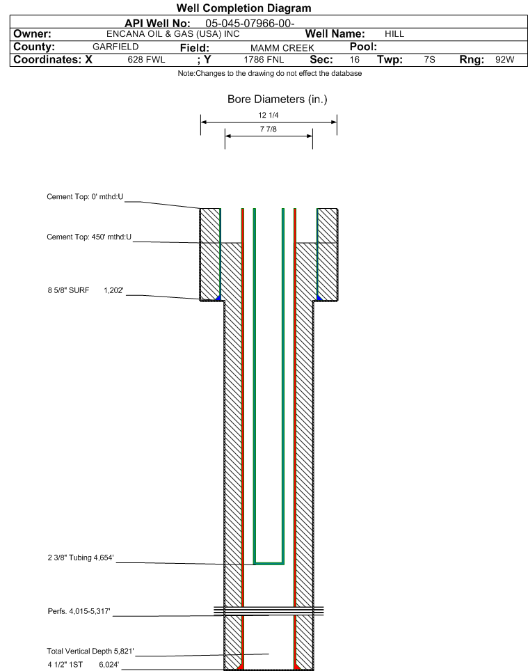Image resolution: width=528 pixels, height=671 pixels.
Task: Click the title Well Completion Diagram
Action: tap(243, 8)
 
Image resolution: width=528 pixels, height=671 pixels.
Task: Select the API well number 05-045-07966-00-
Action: tap(250, 23)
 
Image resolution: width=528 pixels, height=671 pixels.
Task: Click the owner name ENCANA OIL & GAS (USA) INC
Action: tap(173, 34)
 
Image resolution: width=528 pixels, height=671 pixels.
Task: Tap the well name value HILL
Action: tap(394, 34)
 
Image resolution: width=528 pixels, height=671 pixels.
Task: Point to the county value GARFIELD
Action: tap(115, 47)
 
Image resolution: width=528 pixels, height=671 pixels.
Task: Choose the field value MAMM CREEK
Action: tap(282, 48)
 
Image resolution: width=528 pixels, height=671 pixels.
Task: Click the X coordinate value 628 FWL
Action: tap(146, 59)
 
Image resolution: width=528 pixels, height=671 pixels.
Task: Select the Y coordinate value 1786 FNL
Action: tap(264, 59)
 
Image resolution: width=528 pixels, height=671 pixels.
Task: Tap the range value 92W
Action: tap(505, 59)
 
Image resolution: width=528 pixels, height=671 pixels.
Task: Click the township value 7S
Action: tap(430, 59)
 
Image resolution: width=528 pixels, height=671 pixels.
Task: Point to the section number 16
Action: tap(355, 59)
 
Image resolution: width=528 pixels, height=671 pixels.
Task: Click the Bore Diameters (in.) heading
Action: tap(278, 100)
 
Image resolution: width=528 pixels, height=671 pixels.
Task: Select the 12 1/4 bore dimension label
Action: tap(269, 115)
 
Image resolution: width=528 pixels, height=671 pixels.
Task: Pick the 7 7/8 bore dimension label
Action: tap(269, 129)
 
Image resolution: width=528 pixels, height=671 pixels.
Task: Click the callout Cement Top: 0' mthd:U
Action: tap(85, 197)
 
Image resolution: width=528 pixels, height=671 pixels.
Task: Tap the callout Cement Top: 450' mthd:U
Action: tap(89, 237)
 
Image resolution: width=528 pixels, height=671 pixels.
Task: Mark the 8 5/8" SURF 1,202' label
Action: tap(86, 290)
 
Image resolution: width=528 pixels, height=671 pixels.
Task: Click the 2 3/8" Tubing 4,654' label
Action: tap(81, 558)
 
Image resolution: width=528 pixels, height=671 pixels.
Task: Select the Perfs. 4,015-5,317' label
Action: tap(79, 611)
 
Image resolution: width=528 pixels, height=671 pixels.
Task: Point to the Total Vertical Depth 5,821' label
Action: tap(90, 651)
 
